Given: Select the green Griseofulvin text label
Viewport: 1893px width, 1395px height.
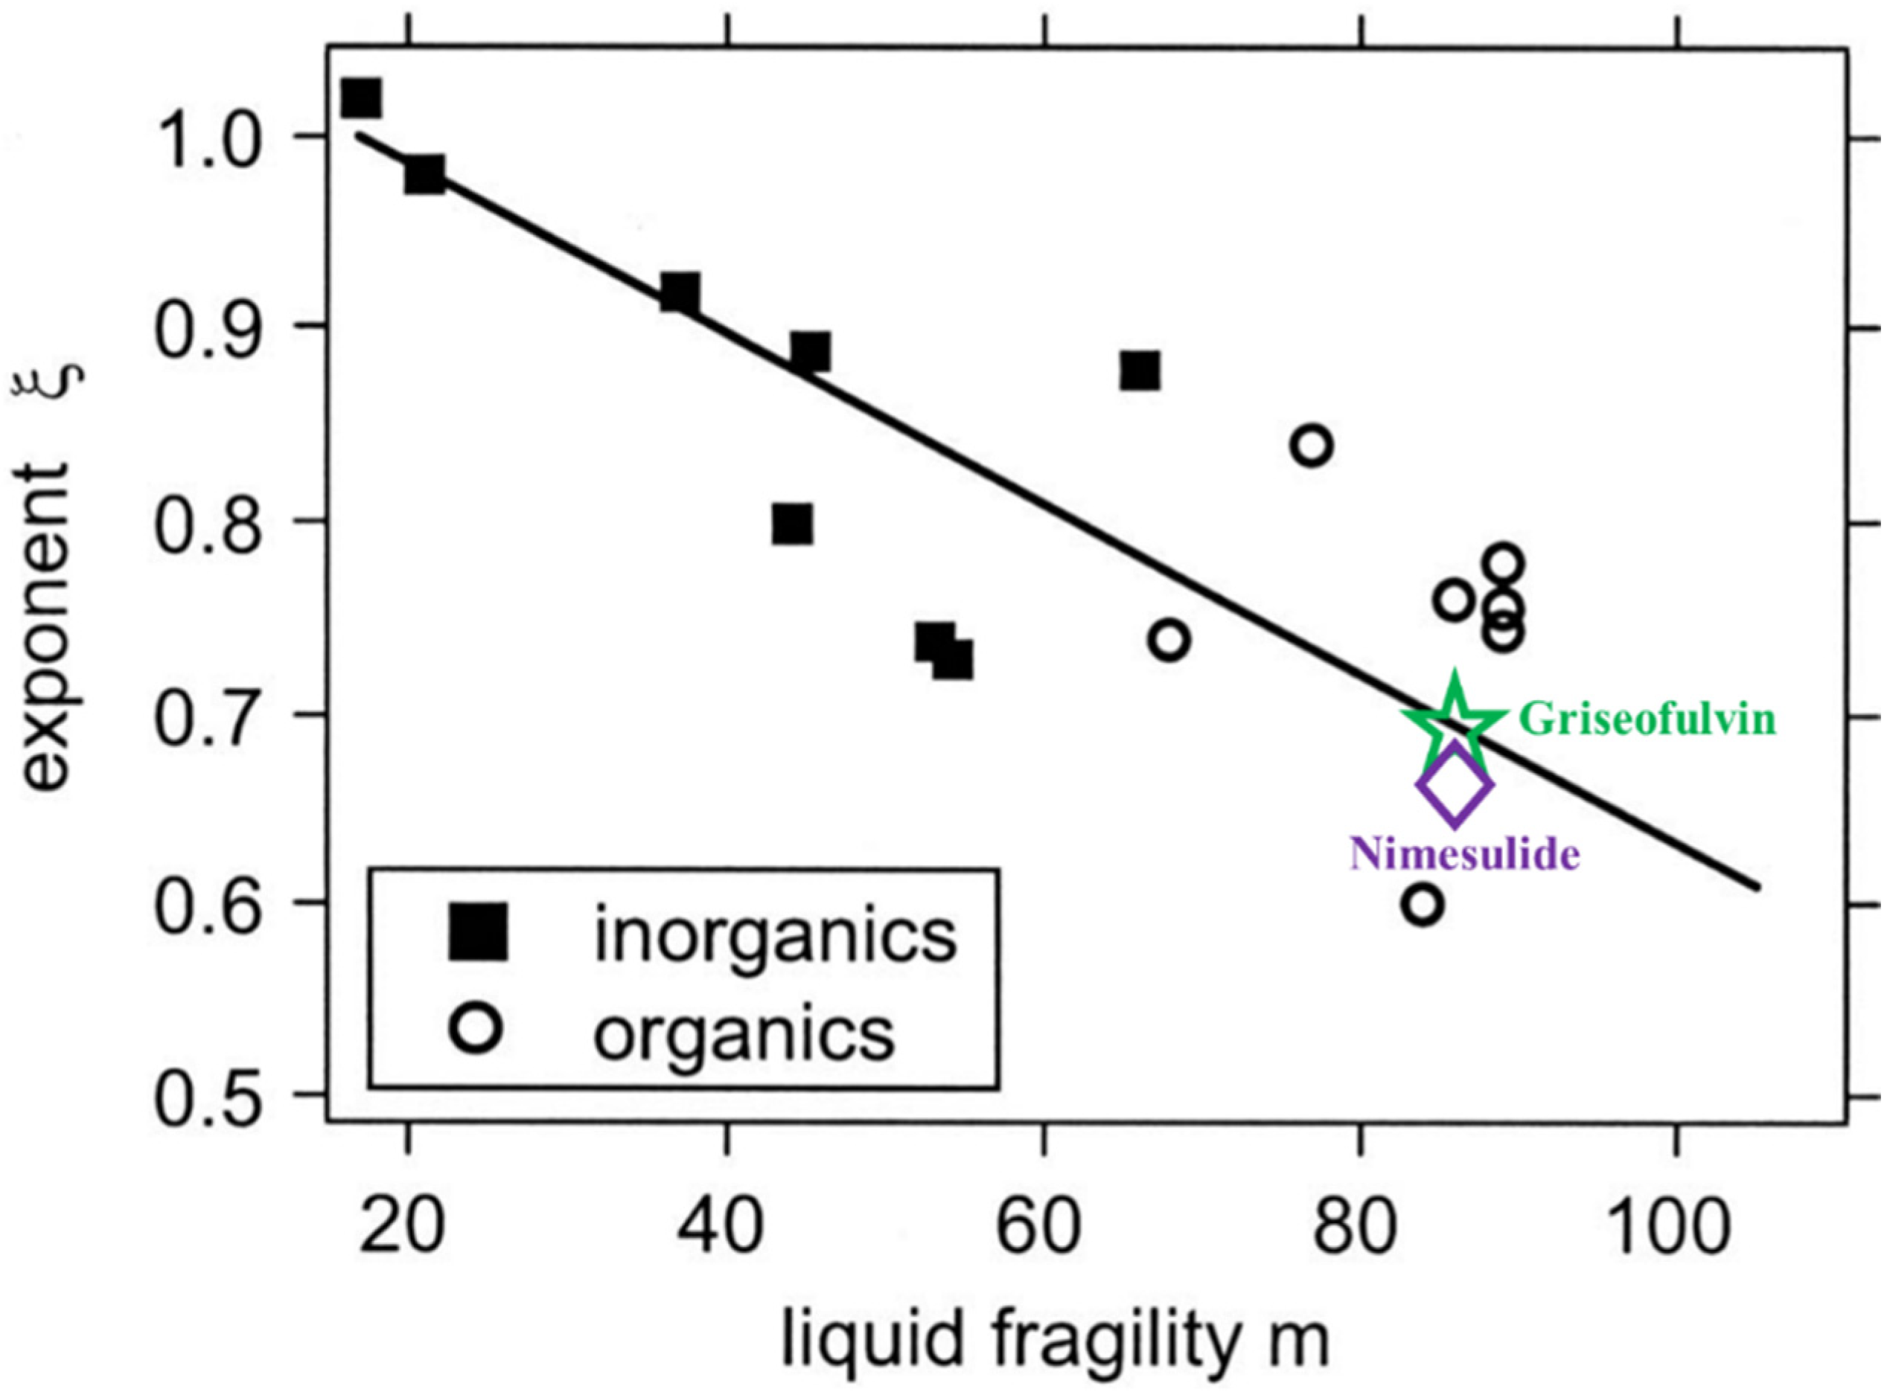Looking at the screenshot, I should click(x=1647, y=720).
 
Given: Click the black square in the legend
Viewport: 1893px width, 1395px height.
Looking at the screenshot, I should click(x=478, y=932).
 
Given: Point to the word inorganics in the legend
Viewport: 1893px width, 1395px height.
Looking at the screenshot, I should click(x=776, y=934).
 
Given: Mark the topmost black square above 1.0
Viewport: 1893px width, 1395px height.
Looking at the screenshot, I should click(x=361, y=98).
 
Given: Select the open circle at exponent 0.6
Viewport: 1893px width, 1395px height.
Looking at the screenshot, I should click(x=1423, y=905).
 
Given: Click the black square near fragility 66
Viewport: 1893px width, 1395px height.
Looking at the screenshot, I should click(x=1140, y=371).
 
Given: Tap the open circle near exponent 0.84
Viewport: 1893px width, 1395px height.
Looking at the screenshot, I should click(x=1311, y=445).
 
